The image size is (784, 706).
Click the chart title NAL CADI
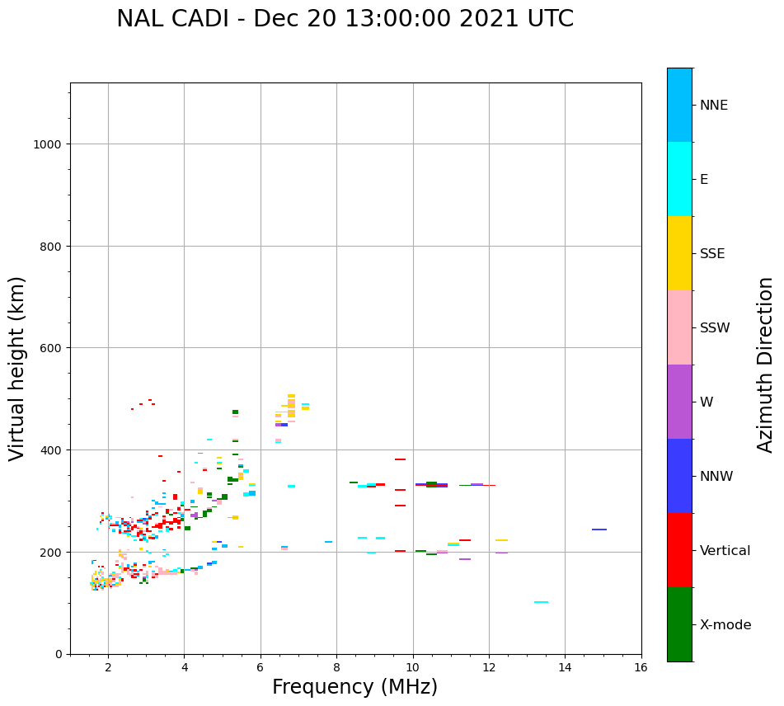(x=345, y=19)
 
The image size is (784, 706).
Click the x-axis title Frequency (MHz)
(x=354, y=687)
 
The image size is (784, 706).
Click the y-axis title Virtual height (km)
(x=17, y=368)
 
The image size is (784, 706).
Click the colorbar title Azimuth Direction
(x=766, y=365)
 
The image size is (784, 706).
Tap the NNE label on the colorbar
(x=714, y=105)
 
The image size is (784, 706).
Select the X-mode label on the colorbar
(x=725, y=625)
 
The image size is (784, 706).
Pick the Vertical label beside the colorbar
(x=725, y=551)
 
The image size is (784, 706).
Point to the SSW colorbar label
(x=715, y=328)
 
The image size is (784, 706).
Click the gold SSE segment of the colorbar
(x=679, y=253)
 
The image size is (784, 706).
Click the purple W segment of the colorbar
(x=679, y=402)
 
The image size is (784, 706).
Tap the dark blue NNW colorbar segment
(x=679, y=476)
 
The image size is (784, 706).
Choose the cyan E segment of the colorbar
(x=679, y=179)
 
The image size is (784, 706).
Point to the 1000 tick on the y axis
(x=49, y=144)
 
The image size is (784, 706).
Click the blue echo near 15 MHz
(x=599, y=529)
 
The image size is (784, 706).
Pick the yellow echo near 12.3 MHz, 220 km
(x=501, y=540)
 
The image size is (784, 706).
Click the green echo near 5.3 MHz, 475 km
(x=235, y=412)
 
